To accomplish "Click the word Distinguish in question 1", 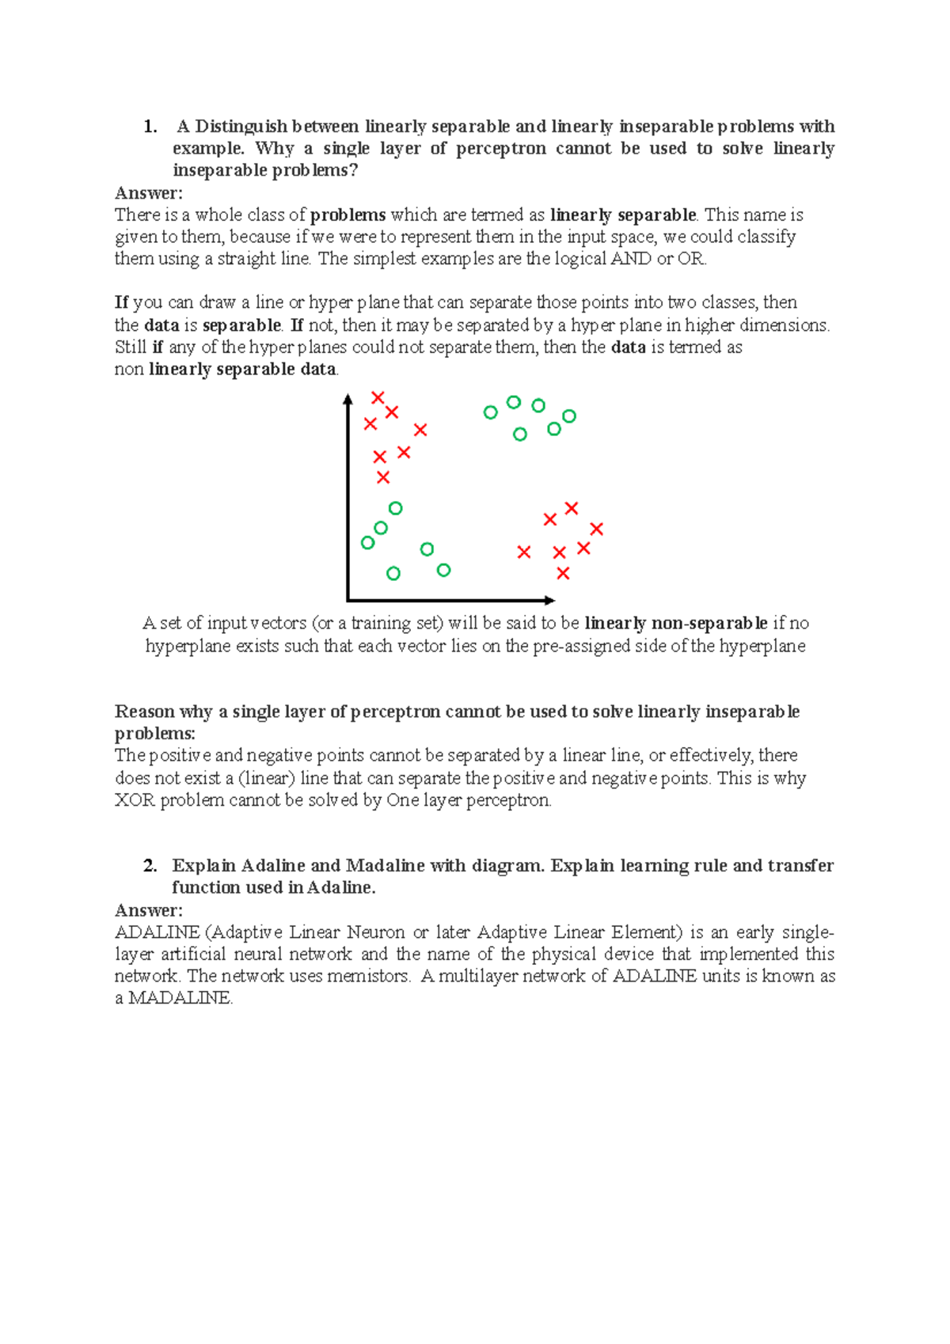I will pyautogui.click(x=241, y=127).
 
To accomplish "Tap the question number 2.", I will pyautogui.click(x=150, y=866).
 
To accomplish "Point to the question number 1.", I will pyautogui.click(x=150, y=127).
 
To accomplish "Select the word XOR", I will pyautogui.click(x=135, y=800).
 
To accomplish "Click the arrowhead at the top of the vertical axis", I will pyautogui.click(x=348, y=399).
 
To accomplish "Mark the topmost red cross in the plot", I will pyautogui.click(x=378, y=397).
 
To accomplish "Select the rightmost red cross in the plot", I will pyautogui.click(x=597, y=529).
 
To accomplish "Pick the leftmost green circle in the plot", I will pyautogui.click(x=367, y=543).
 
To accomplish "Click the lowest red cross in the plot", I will pyautogui.click(x=563, y=573).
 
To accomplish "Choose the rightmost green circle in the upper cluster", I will pyautogui.click(x=568, y=416).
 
